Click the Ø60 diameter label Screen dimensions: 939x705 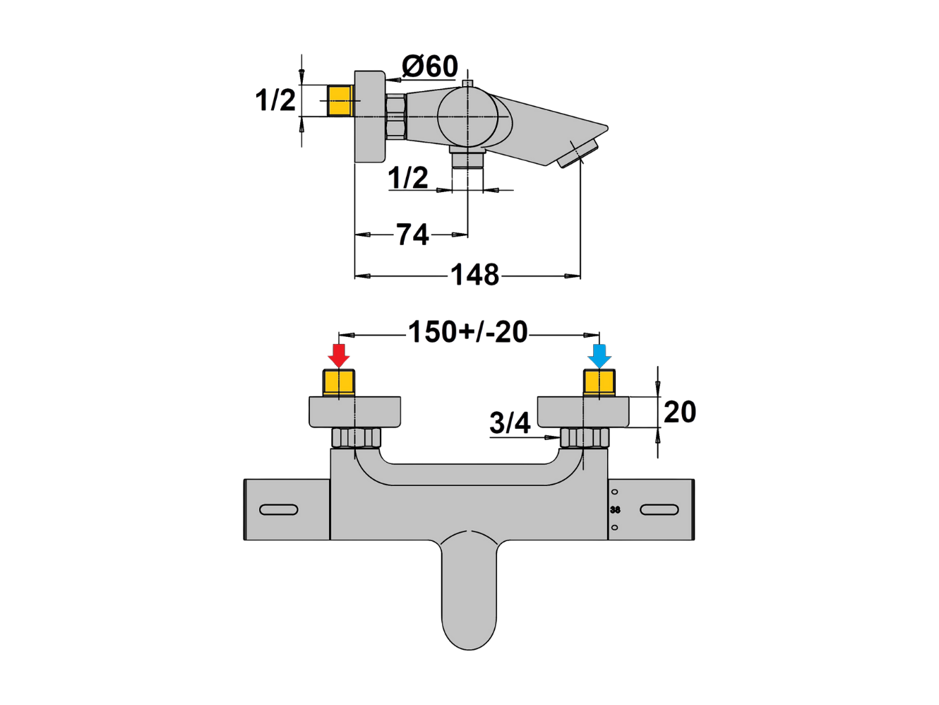pyautogui.click(x=429, y=66)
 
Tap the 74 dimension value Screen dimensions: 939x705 pyautogui.click(x=412, y=235)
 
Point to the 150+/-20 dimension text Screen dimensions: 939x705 pyautogui.click(x=468, y=332)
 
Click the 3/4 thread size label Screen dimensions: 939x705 pyautogui.click(x=510, y=422)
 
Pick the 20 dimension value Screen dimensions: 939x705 pyautogui.click(x=680, y=412)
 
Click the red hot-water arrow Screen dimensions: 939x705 pyautogui.click(x=338, y=356)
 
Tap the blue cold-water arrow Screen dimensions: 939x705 pyautogui.click(x=599, y=356)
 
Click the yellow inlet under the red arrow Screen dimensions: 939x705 pyautogui.click(x=338, y=383)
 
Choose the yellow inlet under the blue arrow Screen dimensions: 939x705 pyautogui.click(x=599, y=383)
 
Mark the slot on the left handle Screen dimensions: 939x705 pyautogui.click(x=279, y=510)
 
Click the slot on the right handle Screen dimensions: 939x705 pyautogui.click(x=659, y=510)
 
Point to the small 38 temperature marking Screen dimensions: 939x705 pyautogui.click(x=615, y=510)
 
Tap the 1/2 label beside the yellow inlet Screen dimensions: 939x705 pyautogui.click(x=275, y=100)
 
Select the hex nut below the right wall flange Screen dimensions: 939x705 pyautogui.click(x=585, y=437)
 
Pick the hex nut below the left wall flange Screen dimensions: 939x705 pyautogui.click(x=356, y=437)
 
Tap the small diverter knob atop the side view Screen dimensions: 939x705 pyautogui.click(x=468, y=83)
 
